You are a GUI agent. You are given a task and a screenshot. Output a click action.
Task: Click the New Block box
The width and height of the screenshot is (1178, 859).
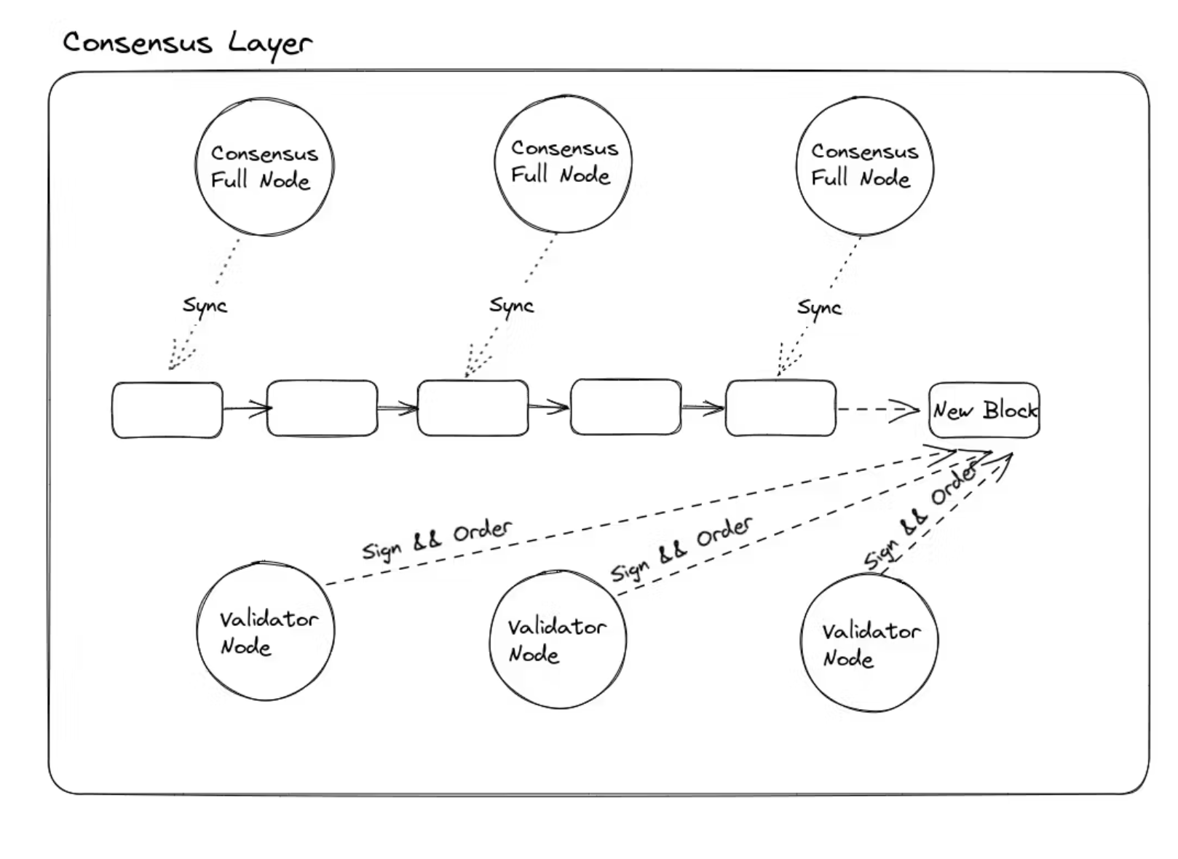[984, 411]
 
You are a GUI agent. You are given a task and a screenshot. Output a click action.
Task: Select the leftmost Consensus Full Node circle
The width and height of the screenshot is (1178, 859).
[264, 167]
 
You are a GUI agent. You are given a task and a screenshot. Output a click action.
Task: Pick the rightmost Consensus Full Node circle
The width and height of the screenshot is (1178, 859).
[864, 166]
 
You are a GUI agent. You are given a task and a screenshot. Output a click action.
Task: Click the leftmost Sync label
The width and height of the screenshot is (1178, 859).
[205, 306]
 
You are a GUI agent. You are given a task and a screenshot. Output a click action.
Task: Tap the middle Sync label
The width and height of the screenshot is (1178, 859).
[511, 306]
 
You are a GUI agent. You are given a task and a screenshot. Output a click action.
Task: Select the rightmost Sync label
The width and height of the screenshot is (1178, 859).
[819, 308]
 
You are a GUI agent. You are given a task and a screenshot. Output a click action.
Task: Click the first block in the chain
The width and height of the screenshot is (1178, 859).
[167, 410]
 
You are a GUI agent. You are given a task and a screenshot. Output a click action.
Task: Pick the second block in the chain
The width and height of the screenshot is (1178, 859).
[322, 408]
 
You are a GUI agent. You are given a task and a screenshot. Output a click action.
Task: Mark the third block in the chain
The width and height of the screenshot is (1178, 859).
[473, 408]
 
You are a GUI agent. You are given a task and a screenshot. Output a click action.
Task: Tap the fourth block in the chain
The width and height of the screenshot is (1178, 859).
[626, 407]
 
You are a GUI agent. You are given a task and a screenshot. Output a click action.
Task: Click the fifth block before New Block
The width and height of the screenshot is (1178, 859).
[780, 408]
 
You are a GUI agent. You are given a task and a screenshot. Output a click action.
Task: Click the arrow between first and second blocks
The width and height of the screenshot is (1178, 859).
[246, 409]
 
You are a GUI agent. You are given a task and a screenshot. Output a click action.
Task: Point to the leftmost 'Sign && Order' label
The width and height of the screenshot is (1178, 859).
[437, 539]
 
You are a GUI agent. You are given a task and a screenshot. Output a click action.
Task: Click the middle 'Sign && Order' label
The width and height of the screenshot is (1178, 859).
[681, 549]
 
